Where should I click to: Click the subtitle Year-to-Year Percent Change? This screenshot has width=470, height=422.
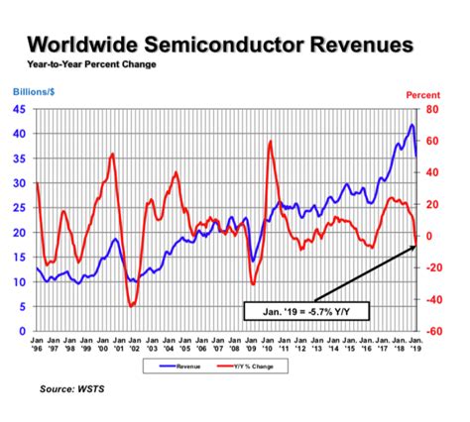click(84, 65)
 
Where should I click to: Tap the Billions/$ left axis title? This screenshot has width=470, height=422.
click(34, 91)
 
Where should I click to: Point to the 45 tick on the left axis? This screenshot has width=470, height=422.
click(19, 109)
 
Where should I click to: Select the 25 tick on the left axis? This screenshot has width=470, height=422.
click(19, 208)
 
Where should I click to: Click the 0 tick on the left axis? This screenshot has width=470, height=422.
click(22, 332)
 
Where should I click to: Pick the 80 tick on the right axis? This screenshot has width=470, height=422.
click(430, 109)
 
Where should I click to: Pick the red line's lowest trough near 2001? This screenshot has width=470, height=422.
click(132, 306)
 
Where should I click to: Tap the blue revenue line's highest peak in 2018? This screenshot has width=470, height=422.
click(411, 125)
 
